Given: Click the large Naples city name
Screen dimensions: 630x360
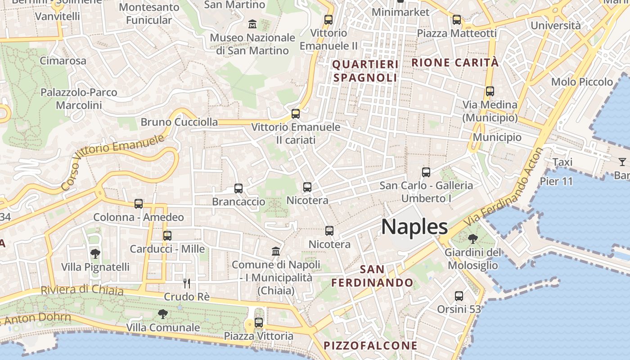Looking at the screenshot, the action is pos(414,227).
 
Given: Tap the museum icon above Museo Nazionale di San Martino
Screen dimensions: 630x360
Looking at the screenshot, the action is pos(252,23).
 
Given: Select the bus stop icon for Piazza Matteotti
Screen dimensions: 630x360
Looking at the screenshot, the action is pos(457,20).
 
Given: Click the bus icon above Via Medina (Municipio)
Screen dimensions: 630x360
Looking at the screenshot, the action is pos(490,91).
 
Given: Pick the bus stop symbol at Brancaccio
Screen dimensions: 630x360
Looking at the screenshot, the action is pos(238,189).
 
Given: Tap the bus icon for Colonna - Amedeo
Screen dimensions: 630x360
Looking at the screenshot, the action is pos(139,204).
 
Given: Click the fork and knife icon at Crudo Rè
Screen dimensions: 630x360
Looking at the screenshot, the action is pos(187,283).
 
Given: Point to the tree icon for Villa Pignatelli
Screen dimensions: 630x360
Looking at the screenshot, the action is pos(95,254).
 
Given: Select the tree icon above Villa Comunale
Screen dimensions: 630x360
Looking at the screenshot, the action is pos(163,314).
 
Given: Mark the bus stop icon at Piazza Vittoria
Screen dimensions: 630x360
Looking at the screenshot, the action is pos(259,322).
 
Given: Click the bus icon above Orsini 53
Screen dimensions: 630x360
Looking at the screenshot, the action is pos(459,296).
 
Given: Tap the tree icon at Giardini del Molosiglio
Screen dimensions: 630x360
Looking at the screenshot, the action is pos(473,239).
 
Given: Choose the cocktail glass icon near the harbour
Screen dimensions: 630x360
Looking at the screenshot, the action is pos(622,162).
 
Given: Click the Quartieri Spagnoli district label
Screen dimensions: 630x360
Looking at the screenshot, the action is pos(365,71).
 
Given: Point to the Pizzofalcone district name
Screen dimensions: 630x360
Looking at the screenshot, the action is pos(370,346).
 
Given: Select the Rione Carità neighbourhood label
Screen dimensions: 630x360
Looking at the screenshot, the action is pos(455,63).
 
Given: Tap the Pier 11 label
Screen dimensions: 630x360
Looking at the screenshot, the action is pos(556,181).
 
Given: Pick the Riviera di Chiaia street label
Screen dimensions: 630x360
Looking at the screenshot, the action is pos(82,290).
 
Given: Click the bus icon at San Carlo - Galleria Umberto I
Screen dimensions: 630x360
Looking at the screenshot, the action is pos(426,172).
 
